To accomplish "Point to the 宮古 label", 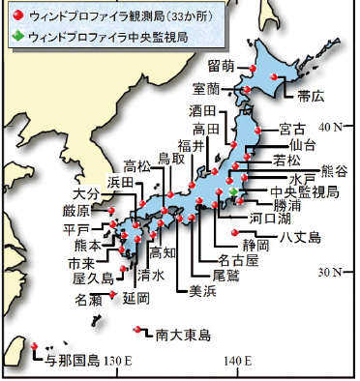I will (292, 128).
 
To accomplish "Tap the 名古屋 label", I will (238, 260).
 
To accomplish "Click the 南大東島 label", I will (183, 336).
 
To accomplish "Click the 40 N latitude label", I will (333, 126).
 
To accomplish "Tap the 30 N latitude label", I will (333, 272).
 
